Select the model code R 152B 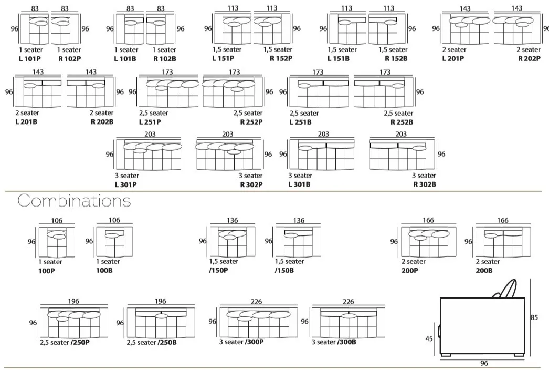click(396, 59)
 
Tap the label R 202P click(529, 59)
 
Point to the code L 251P click(150, 122)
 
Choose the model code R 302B click(425, 184)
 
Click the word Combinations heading click(74, 201)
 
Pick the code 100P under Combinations click(46, 271)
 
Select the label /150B click(284, 271)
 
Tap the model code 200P click(409, 271)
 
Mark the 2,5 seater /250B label click(151, 342)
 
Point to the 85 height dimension click(534, 317)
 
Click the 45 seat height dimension click(429, 339)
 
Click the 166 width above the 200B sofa click(503, 221)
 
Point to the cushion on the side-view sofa click(505, 289)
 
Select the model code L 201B click(26, 122)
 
